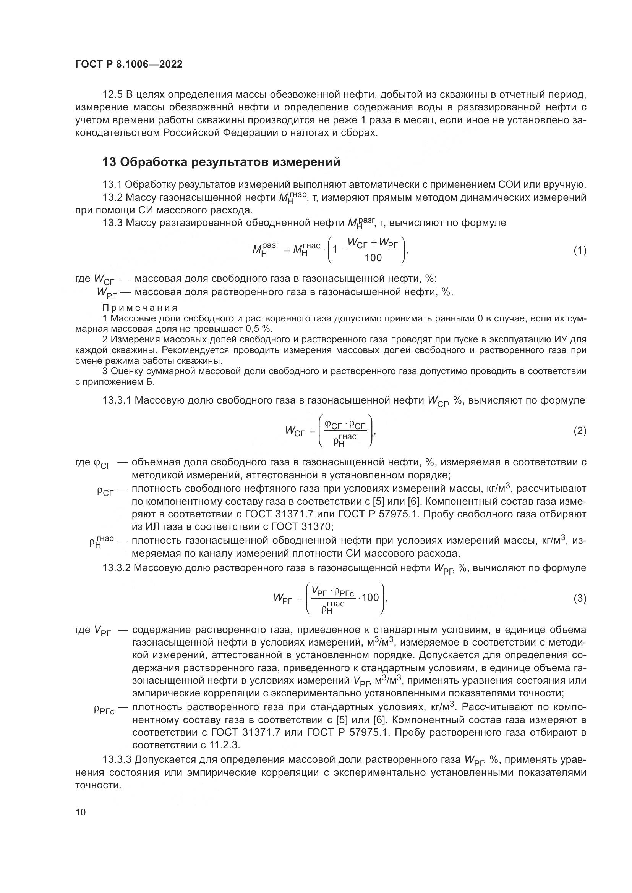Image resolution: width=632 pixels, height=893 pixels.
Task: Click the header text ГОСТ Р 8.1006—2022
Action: click(129, 64)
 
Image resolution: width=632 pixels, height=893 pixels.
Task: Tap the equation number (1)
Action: click(580, 250)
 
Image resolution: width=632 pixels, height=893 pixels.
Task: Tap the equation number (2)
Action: click(580, 431)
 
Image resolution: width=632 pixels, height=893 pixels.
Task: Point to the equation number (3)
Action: click(580, 598)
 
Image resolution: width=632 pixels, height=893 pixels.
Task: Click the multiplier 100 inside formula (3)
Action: click(370, 597)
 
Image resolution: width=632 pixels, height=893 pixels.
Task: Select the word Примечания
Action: click(140, 308)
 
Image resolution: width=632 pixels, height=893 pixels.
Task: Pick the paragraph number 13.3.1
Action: click(117, 400)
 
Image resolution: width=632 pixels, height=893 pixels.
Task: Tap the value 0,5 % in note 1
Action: click(258, 329)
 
